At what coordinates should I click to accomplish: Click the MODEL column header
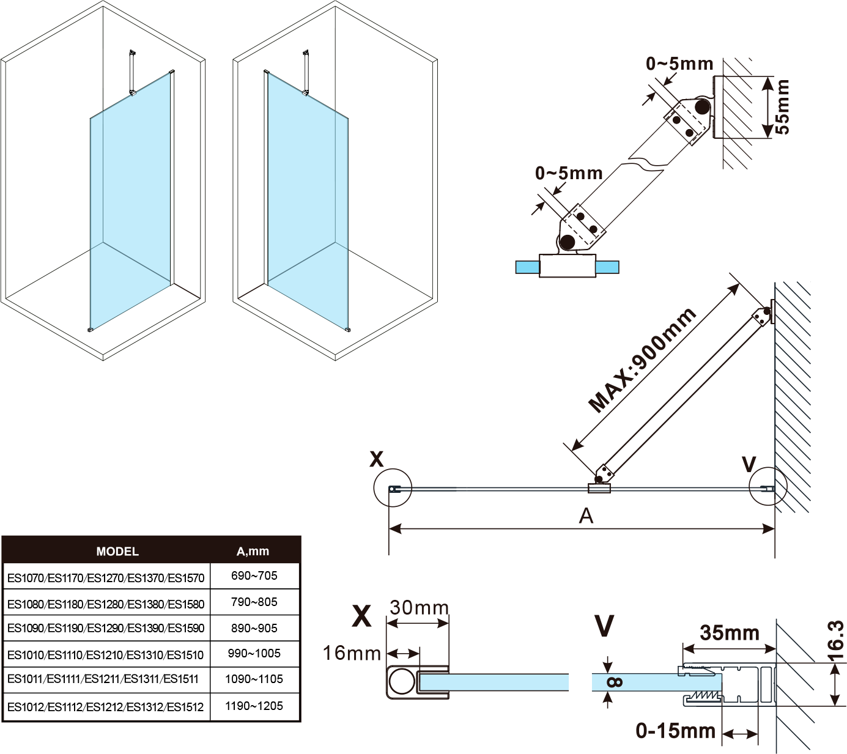click(x=117, y=552)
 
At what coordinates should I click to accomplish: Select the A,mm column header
click(x=253, y=552)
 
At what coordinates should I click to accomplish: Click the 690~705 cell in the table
click(x=254, y=576)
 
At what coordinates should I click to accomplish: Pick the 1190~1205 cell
click(x=254, y=706)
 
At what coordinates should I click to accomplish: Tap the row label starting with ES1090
click(x=106, y=629)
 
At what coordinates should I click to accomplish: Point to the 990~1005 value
click(x=254, y=654)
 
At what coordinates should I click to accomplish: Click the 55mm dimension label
click(x=782, y=107)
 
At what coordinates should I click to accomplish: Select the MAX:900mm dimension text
click(x=642, y=360)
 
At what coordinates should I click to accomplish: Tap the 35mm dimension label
click(x=730, y=633)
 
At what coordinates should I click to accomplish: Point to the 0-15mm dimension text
click(x=675, y=731)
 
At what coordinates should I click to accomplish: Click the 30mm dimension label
click(x=419, y=608)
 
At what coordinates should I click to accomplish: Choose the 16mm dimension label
click(x=352, y=654)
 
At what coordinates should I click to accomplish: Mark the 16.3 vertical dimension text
click(x=835, y=641)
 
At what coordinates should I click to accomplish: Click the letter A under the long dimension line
click(x=586, y=516)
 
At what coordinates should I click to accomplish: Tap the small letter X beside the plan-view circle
click(x=377, y=459)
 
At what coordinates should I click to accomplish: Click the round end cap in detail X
click(x=402, y=681)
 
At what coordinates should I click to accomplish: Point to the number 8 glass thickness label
click(x=615, y=682)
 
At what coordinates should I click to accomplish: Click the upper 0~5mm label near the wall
click(x=679, y=64)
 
